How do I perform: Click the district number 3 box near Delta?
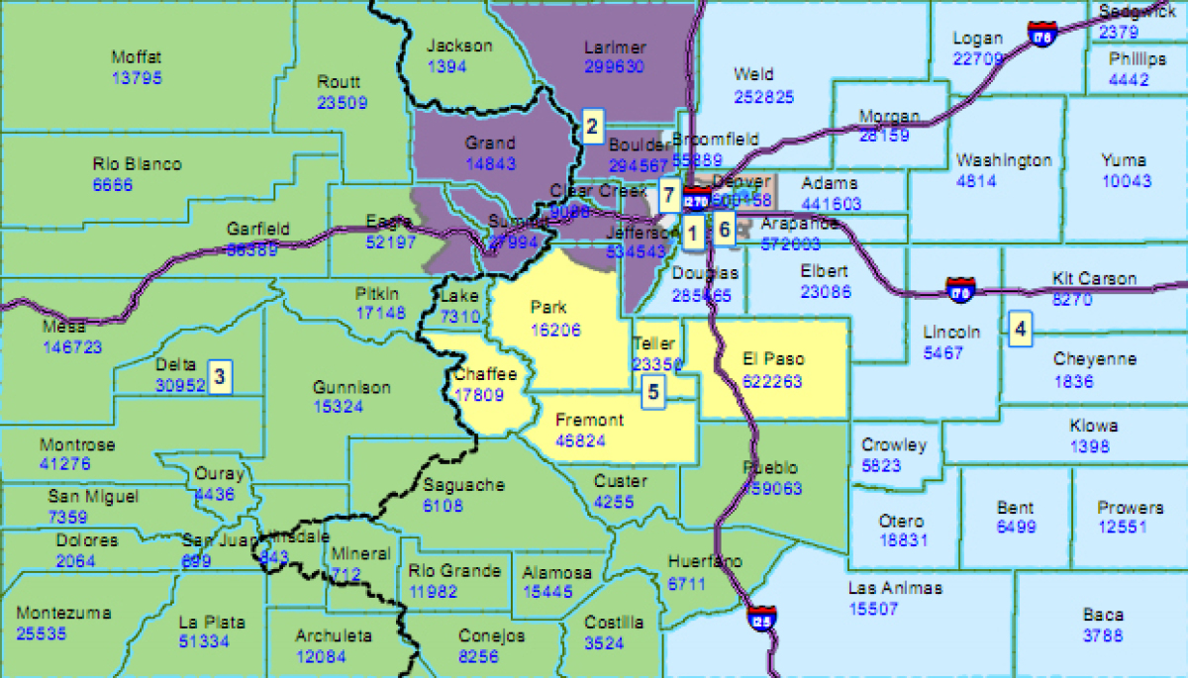(x=220, y=376)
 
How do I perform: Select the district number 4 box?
(x=1020, y=328)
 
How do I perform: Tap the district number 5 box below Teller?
(x=652, y=391)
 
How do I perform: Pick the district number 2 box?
(x=592, y=126)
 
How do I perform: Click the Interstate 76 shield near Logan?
(x=1040, y=35)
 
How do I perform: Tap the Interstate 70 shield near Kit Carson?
(x=959, y=289)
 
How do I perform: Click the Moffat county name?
(x=137, y=57)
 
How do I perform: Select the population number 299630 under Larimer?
(x=614, y=66)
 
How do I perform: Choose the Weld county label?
(x=753, y=74)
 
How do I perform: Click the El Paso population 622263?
(x=771, y=381)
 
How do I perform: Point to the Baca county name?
(x=1102, y=615)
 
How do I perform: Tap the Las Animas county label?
(x=895, y=588)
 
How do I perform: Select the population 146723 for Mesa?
(x=72, y=347)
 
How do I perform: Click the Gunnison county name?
(x=351, y=387)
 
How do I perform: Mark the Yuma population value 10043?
(x=1127, y=180)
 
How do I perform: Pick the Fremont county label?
(x=589, y=420)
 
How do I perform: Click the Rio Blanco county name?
(x=137, y=164)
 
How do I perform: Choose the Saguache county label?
(x=463, y=485)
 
